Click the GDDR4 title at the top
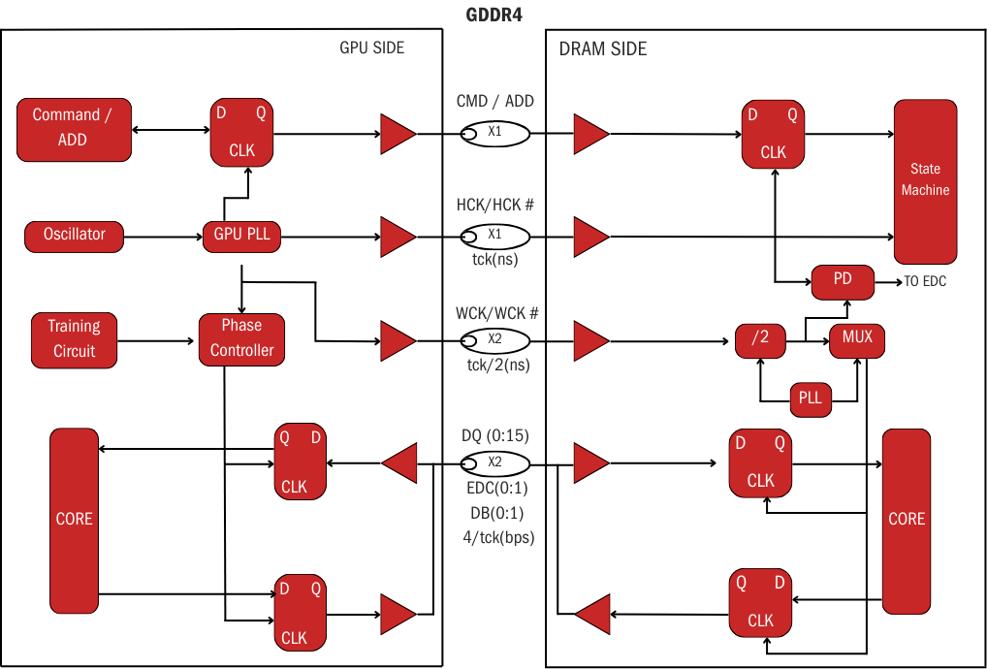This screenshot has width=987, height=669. (x=494, y=16)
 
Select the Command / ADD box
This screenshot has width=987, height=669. (x=74, y=128)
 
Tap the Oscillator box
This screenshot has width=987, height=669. (x=74, y=235)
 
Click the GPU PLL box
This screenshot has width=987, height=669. (x=241, y=235)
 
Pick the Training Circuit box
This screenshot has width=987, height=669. (x=74, y=338)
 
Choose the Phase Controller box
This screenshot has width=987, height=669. (x=241, y=338)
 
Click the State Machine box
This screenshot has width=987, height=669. (x=925, y=181)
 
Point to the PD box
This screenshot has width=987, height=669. (x=843, y=280)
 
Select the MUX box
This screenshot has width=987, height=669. (x=857, y=338)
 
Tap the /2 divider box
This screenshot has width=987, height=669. (x=760, y=339)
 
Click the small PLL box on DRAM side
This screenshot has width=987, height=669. (x=810, y=398)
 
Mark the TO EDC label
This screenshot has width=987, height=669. (x=925, y=281)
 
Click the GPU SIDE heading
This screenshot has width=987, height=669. (x=372, y=48)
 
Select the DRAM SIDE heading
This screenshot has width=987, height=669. (x=603, y=48)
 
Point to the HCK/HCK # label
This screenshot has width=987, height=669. (x=495, y=206)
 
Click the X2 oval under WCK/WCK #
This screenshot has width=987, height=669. (x=494, y=340)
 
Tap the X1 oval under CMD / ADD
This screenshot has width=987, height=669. (x=494, y=132)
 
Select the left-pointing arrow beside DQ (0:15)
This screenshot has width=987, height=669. (x=400, y=462)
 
